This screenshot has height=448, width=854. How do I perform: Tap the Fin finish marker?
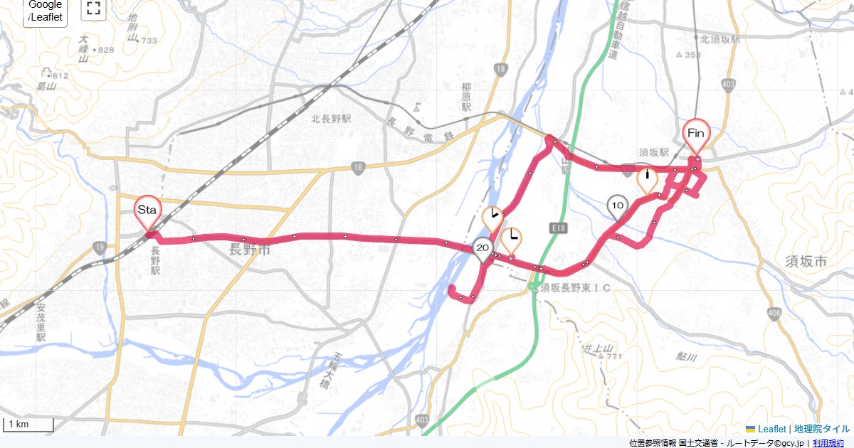pyautogui.click(x=696, y=134)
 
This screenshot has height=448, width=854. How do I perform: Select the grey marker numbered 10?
pyautogui.click(x=618, y=206)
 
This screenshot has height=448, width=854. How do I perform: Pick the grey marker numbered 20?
pyautogui.click(x=483, y=248)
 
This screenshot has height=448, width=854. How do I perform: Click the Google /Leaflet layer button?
pyautogui.click(x=46, y=12)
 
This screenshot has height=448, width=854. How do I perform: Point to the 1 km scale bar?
pyautogui.click(x=28, y=425)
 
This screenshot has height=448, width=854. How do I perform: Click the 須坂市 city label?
pyautogui.click(x=806, y=262)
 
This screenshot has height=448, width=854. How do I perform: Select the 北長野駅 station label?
pyautogui.click(x=332, y=119)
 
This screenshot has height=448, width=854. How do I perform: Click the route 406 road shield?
pyautogui.click(x=775, y=314)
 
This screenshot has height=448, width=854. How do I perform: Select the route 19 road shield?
pyautogui.click(x=98, y=247)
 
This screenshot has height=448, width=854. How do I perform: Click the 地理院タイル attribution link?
pyautogui.click(x=822, y=430)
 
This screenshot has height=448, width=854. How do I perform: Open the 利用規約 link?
pyautogui.click(x=831, y=443)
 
